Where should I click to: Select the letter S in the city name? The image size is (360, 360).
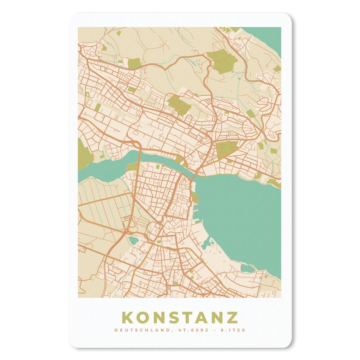pos(174,317)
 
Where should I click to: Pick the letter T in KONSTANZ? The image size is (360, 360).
pos(188,317)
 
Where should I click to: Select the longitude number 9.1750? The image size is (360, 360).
pos(233,330)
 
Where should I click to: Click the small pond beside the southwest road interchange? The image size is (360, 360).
pos(133,240)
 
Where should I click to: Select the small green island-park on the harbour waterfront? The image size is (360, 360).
pos(196,199)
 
